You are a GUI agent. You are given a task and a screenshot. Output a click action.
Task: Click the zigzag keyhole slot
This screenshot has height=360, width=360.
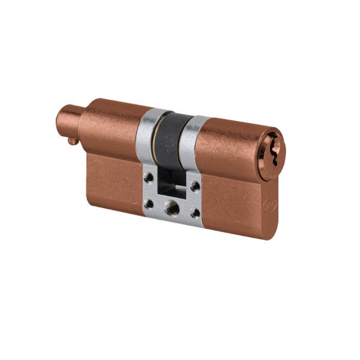(x=274, y=143)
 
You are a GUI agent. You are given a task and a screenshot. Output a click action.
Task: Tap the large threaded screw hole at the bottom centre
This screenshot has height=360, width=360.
(x=172, y=207)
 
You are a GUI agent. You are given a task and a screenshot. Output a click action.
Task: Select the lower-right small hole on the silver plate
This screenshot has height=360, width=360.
(x=194, y=212)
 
